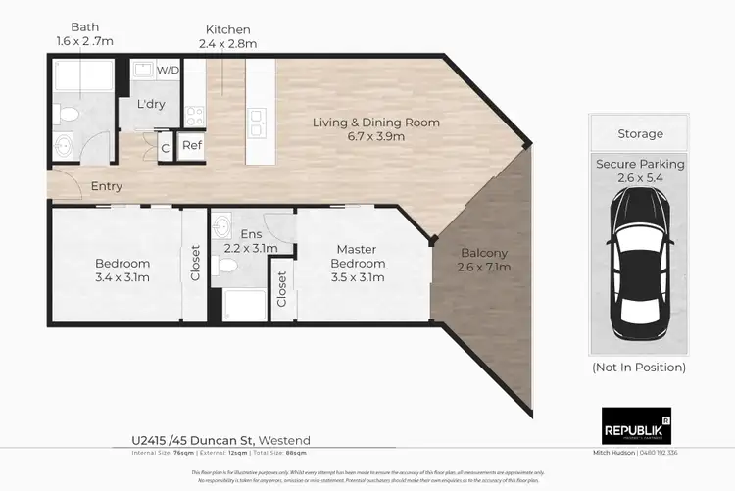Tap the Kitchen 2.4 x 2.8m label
(227, 37)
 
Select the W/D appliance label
(169, 69)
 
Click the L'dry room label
(150, 104)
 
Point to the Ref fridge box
(192, 146)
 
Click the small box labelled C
(166, 147)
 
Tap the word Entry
(107, 186)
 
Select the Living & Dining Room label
(375, 129)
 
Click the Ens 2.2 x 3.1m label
(252, 242)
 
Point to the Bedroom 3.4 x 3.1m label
(122, 270)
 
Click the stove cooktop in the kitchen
(194, 118)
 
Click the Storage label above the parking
(640, 133)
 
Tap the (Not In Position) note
(640, 368)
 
